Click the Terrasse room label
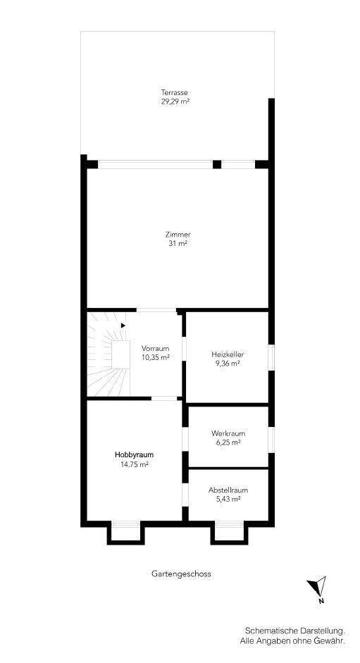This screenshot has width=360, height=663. click(x=174, y=92)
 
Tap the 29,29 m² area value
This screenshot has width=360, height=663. click(x=174, y=101)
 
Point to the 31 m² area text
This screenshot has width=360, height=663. click(x=178, y=244)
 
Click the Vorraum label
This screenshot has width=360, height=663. click(x=156, y=349)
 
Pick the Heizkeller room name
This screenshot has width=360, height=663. click(x=228, y=354)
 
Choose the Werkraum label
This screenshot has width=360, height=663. click(x=228, y=433)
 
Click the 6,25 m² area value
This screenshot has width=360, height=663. click(x=228, y=442)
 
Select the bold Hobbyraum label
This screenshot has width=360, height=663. click(x=134, y=455)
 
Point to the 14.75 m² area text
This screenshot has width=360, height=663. click(x=134, y=464)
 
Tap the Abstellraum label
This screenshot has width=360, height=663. click(x=228, y=490)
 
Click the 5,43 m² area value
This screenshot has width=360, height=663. click(x=228, y=500)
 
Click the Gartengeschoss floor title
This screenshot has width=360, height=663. click(x=181, y=574)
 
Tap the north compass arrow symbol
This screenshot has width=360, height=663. click(x=317, y=586)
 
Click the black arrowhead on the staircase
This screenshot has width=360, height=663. click(x=123, y=325)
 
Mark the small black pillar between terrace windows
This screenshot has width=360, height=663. click(x=217, y=164)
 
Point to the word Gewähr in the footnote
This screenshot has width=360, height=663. click(x=333, y=641)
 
